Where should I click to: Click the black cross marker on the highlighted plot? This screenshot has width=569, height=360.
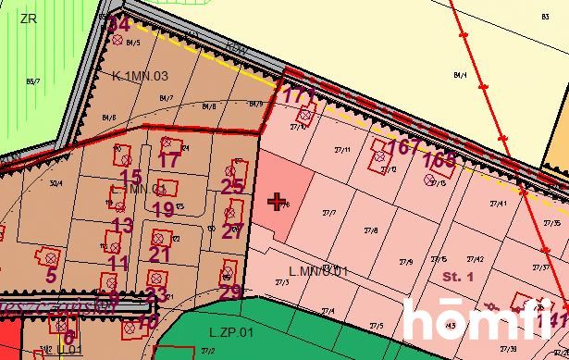277,201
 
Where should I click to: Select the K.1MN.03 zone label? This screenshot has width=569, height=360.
140,75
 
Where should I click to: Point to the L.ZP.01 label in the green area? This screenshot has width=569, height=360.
231,331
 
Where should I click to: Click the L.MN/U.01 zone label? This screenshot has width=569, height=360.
318,271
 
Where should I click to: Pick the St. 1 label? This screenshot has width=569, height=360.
458,276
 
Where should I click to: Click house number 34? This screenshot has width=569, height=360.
118,24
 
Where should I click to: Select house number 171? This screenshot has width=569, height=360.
297,95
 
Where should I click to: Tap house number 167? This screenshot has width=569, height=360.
398,147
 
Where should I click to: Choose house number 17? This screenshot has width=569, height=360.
168,159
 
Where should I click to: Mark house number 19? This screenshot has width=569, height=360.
163,209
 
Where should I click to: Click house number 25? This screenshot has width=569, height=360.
232,186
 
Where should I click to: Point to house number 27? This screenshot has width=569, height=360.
231,231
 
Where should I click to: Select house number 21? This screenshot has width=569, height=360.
160,254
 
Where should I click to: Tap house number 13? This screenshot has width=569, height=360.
122,225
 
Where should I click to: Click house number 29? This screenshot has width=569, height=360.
230,292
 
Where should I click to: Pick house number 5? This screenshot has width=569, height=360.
51,274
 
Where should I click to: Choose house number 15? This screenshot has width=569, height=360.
130,176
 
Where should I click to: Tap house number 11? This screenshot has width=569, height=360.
118,263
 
